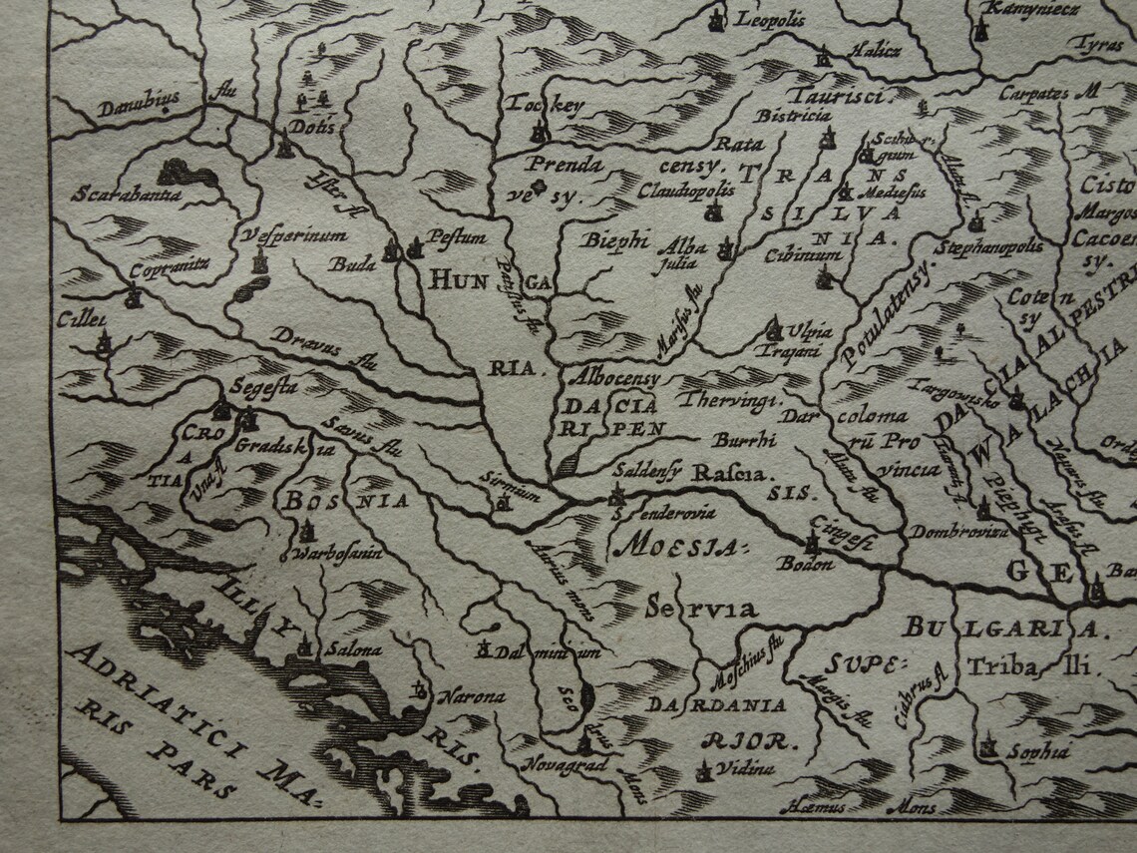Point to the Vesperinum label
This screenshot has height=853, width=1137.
pos(293,235)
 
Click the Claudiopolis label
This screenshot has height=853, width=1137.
pos(686,190)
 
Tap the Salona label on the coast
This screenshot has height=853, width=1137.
pos(353,649)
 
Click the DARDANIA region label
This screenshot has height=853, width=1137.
pos(717,704)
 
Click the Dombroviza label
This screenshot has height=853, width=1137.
pos(957,532)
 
